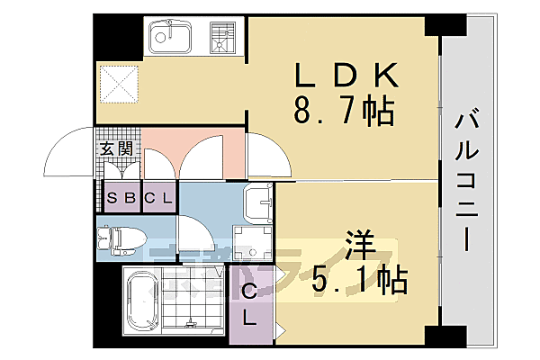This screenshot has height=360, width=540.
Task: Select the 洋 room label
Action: pyautogui.click(x=358, y=245)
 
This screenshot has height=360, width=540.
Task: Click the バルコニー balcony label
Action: pyautogui.click(x=465, y=180)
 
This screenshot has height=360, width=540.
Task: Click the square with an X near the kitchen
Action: pyautogui.click(x=119, y=85)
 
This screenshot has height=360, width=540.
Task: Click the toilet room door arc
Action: pyautogui.click(x=193, y=237)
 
